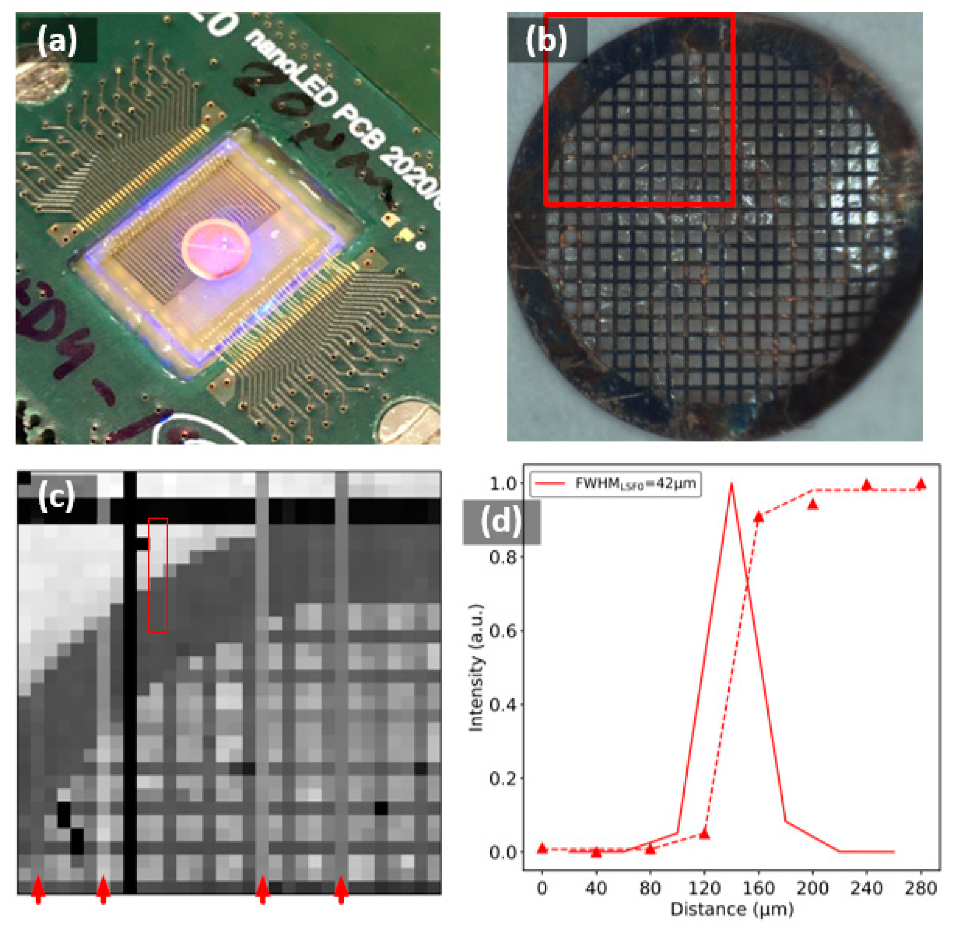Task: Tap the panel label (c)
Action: pos(56,496)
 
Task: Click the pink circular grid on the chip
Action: pos(216,248)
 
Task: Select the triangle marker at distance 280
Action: pos(921,484)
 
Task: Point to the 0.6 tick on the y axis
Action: pos(503,630)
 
